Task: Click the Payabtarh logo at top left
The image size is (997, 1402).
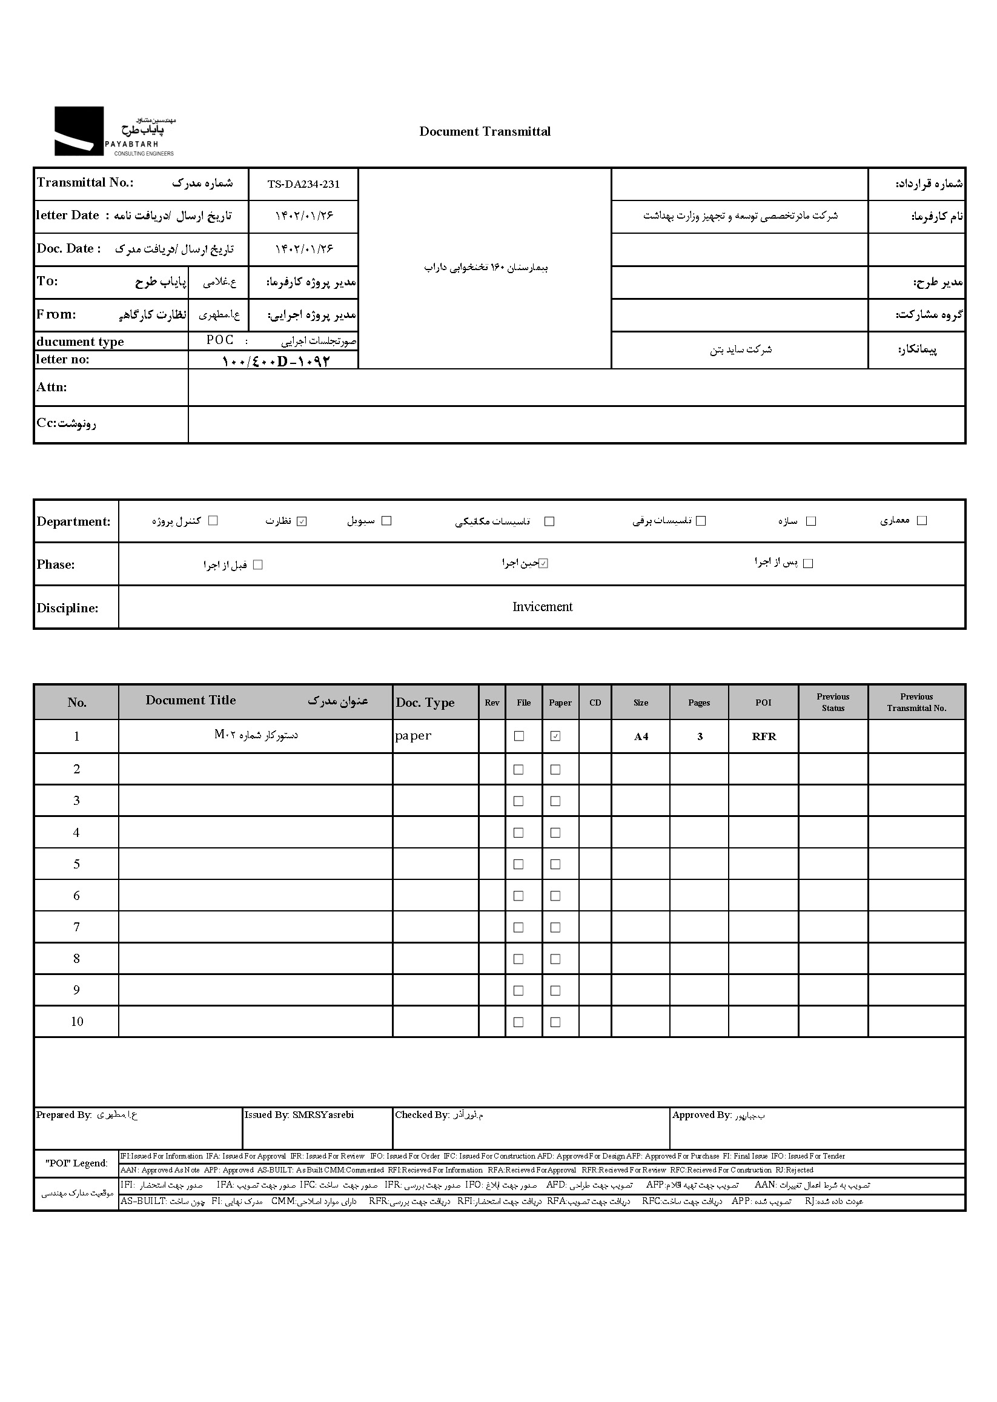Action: pos(114,131)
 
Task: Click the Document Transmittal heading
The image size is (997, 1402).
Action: pos(485,131)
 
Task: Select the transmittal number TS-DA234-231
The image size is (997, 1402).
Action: pos(303,184)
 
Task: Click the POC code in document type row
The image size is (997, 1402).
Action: pos(220,340)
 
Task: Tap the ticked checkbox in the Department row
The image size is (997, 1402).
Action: pos(302,521)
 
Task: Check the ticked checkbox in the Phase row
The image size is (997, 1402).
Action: pos(543,563)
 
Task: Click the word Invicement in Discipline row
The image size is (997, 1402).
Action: pos(542,607)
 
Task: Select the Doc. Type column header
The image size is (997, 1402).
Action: pos(425,703)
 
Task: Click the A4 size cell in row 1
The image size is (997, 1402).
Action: pos(641,736)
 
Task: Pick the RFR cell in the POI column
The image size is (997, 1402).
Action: pos(764,736)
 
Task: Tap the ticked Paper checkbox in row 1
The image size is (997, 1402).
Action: pos(555,736)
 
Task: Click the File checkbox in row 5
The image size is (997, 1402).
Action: pos(518,864)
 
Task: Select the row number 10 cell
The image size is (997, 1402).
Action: pos(77,1022)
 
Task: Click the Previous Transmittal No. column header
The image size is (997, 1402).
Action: pos(916,703)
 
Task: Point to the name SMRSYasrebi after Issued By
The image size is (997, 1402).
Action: pos(323,1116)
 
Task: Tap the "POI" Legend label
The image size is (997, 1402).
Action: pos(77,1163)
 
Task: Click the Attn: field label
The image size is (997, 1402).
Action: pos(51,388)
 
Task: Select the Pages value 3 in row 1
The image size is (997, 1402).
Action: pos(699,736)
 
